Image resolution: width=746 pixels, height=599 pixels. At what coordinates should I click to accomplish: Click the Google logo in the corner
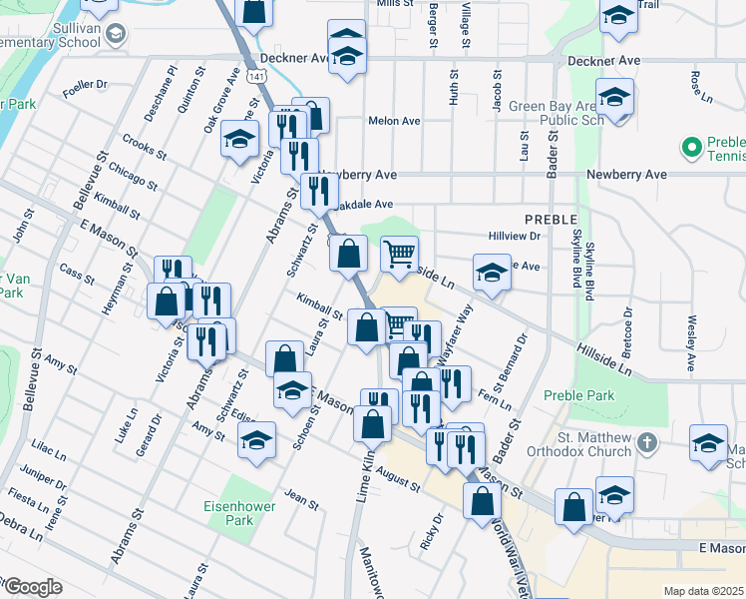pyautogui.click(x=32, y=587)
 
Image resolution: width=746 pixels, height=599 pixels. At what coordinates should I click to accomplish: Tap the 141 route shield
pyautogui.click(x=230, y=75)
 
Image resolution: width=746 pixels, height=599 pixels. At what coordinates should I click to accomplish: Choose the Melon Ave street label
pyautogui.click(x=394, y=121)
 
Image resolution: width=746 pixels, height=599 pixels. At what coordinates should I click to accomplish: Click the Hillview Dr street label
pyautogui.click(x=514, y=237)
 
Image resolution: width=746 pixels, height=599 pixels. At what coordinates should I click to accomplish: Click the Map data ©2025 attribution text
pyautogui.click(x=703, y=591)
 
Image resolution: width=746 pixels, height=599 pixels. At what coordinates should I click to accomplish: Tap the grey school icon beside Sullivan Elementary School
pyautogui.click(x=116, y=35)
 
